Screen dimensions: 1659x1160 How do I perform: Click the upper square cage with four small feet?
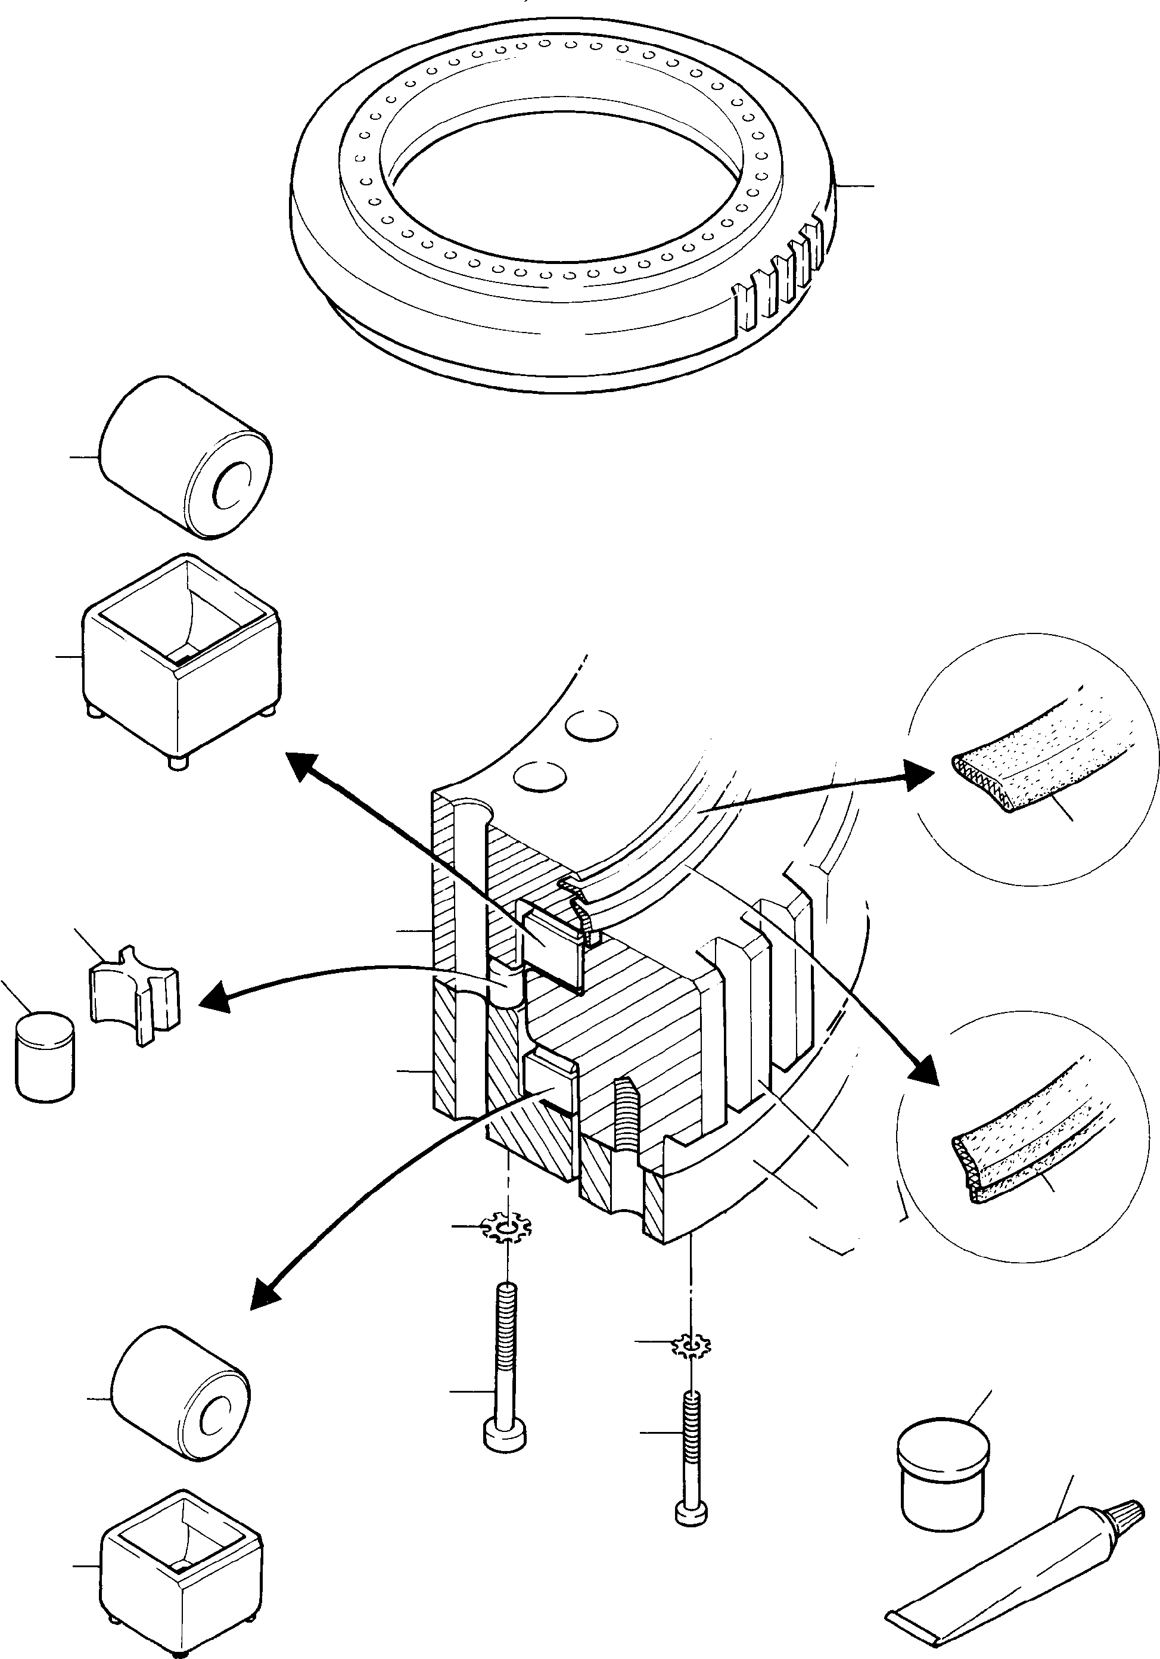point(181,661)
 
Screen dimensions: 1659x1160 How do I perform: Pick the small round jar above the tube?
point(943,1459)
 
